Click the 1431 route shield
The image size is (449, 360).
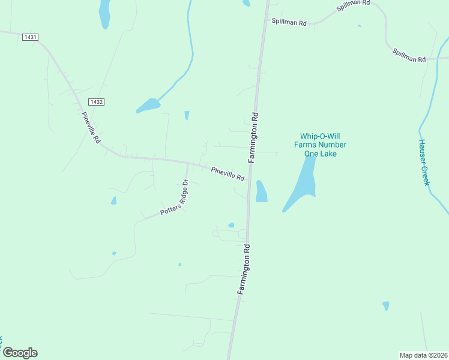click(x=30, y=37)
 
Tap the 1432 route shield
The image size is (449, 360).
click(x=96, y=102)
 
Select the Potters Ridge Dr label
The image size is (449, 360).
click(x=175, y=199)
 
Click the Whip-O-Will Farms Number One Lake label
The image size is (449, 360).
click(x=320, y=145)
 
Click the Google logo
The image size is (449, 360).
click(x=20, y=353)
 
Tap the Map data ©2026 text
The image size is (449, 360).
click(x=423, y=355)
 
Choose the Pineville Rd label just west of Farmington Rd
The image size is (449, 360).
click(x=228, y=174)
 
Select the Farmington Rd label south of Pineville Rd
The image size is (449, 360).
click(x=243, y=268)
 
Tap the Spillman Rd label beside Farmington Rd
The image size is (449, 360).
click(x=289, y=22)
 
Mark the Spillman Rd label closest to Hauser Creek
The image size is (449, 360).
click(x=409, y=56)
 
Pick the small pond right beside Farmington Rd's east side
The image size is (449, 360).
click(x=261, y=191)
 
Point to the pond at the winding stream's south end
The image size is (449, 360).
click(x=148, y=106)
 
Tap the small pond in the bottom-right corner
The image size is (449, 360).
click(x=385, y=306)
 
